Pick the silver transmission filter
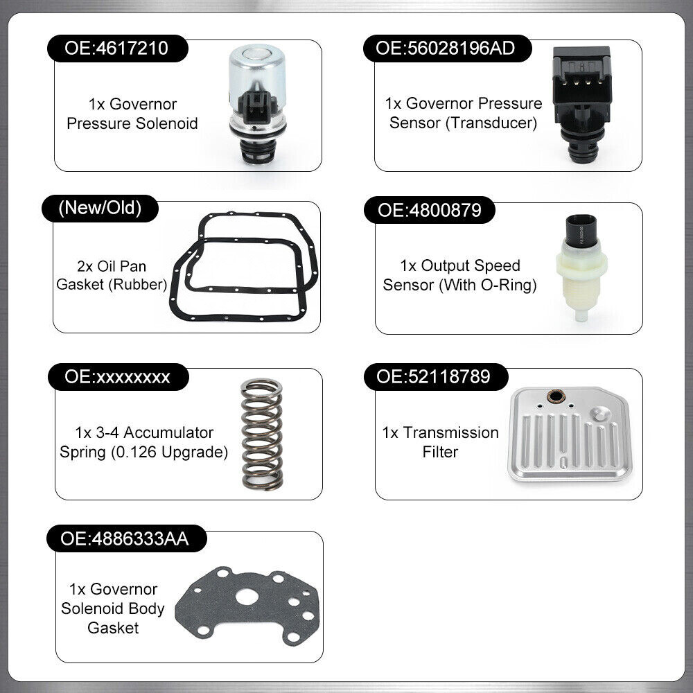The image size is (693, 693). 568,434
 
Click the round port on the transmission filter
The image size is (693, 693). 554,398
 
